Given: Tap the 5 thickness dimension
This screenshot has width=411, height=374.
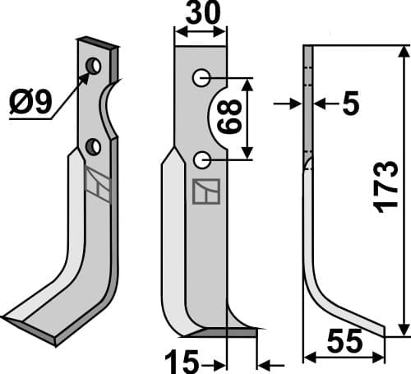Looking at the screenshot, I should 349,104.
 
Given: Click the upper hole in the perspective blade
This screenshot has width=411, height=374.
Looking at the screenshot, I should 96,64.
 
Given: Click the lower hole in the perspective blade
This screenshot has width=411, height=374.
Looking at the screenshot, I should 94,147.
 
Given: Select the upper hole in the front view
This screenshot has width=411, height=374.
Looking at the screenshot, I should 201,78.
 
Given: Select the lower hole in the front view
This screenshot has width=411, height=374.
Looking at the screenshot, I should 201,158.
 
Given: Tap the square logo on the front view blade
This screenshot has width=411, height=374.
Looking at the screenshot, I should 202,191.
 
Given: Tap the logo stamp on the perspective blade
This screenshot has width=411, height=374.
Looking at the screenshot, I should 96,185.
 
